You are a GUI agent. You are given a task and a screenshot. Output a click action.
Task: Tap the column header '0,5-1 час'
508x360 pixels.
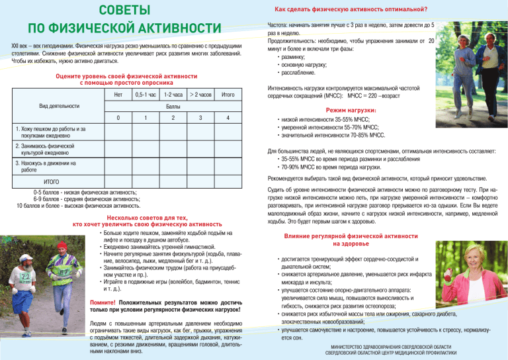click(x=145, y=95)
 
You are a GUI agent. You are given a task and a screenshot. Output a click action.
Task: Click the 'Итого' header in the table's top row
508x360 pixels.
click(x=227, y=95)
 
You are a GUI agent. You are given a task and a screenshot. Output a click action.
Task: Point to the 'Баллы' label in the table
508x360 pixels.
click(x=173, y=107)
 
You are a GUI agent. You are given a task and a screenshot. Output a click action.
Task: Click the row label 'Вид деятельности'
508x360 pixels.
click(x=60, y=107)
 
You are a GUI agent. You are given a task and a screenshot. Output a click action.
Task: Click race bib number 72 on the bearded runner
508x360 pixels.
click(x=24, y=275)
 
